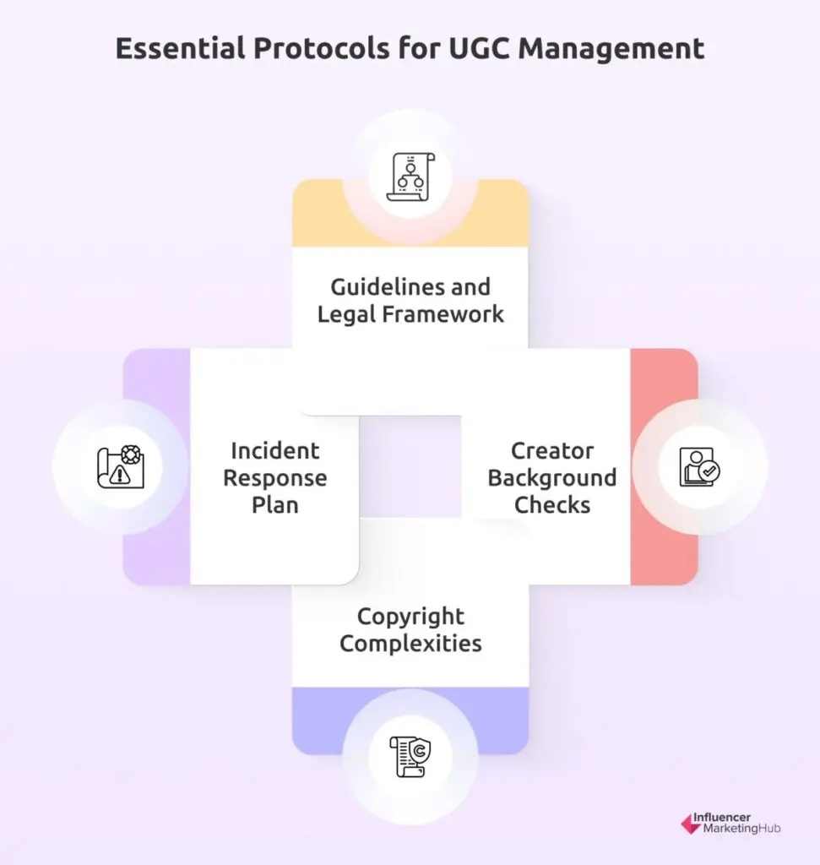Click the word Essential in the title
click(181, 48)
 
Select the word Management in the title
click(611, 49)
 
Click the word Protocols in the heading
click(322, 48)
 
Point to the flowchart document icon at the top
click(410, 177)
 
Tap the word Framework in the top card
click(443, 314)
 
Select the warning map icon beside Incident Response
click(121, 466)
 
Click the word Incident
click(274, 451)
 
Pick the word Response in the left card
click(274, 478)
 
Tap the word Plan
click(274, 505)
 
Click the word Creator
click(552, 451)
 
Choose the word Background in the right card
click(552, 478)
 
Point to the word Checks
click(552, 505)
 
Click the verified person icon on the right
click(699, 466)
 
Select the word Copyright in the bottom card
click(410, 617)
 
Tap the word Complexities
click(410, 643)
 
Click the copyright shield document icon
click(410, 756)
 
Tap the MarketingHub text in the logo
click(741, 829)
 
